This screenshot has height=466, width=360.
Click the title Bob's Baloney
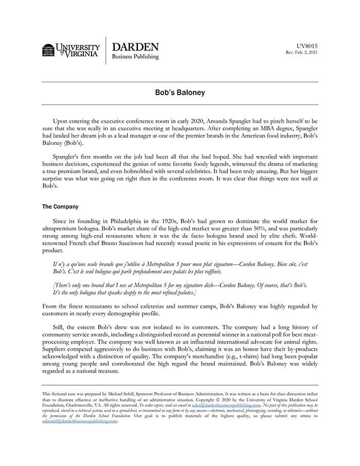point(180,93)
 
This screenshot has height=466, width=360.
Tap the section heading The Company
point(60,207)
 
